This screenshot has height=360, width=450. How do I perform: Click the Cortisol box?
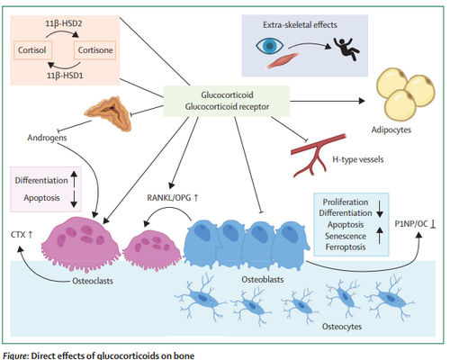pyautogui.click(x=32, y=49)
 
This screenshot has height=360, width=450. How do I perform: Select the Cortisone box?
pyautogui.click(x=95, y=49)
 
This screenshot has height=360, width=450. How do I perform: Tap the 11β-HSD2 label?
pyautogui.click(x=64, y=23)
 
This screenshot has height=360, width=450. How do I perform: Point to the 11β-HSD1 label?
pyautogui.click(x=65, y=76)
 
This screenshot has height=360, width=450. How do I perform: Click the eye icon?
pyautogui.click(x=269, y=46)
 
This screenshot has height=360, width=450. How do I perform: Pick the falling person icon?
pyautogui.click(x=346, y=49)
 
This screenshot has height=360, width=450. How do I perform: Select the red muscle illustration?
pyautogui.click(x=283, y=60)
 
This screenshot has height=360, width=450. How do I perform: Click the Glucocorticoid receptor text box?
pyautogui.click(x=227, y=101)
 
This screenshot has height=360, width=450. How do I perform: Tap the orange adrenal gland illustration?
pyautogui.click(x=108, y=113)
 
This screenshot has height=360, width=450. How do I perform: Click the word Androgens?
pyautogui.click(x=47, y=138)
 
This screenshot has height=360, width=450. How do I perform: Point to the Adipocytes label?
pyautogui.click(x=391, y=130)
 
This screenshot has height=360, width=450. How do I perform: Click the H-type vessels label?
pyautogui.click(x=358, y=159)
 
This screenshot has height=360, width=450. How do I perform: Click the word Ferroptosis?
pyautogui.click(x=346, y=247)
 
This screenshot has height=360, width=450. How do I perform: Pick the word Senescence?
pyautogui.click(x=346, y=236)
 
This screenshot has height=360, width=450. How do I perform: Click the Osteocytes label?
pyautogui.click(x=342, y=327)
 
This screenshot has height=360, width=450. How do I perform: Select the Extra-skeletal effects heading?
pyautogui.click(x=300, y=24)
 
